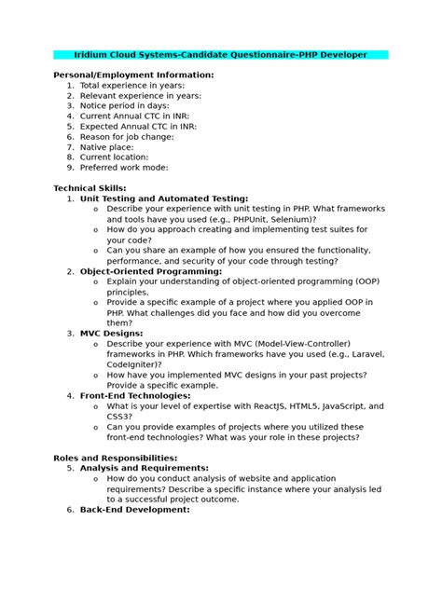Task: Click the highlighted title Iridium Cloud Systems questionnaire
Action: click(x=221, y=55)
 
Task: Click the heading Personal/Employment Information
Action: click(x=133, y=75)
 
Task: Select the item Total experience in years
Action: click(x=132, y=85)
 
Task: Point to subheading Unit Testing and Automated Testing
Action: click(x=164, y=198)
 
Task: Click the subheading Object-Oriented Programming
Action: click(x=151, y=270)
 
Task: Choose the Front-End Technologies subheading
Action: click(x=135, y=395)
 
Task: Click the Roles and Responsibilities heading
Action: click(x=116, y=458)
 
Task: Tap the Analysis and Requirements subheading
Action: click(x=145, y=468)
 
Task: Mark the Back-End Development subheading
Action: click(x=135, y=510)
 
